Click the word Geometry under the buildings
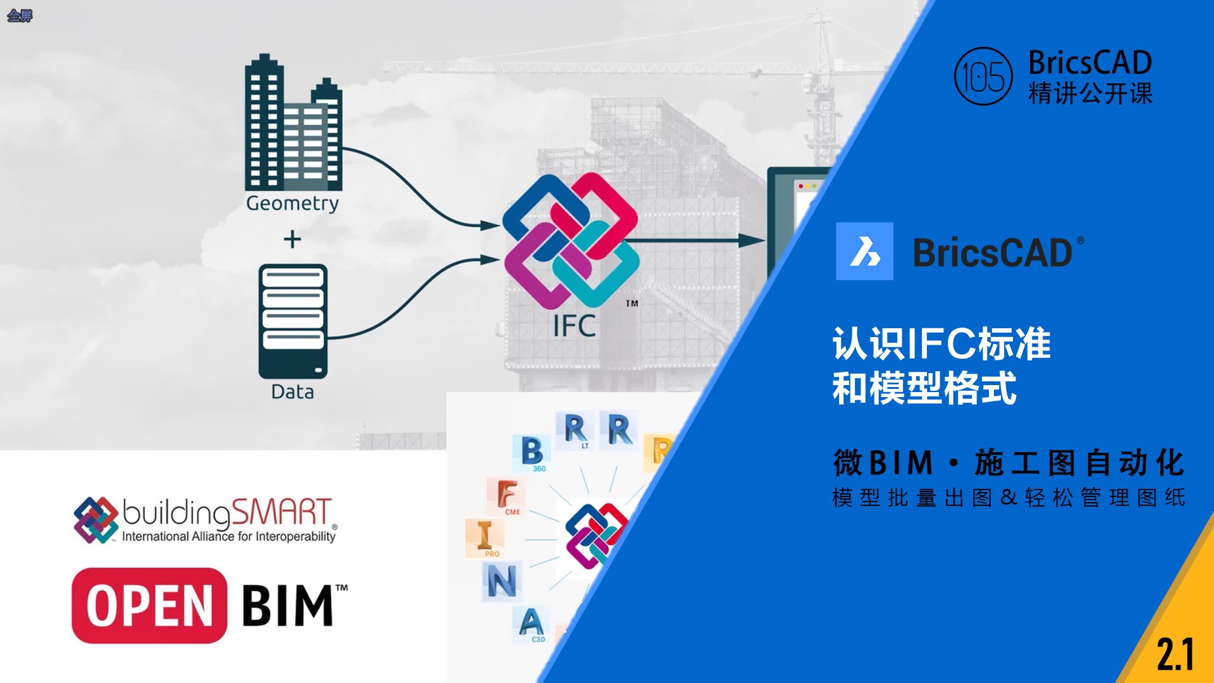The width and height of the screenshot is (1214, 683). (292, 203)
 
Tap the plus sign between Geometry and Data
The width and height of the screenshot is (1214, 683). (292, 239)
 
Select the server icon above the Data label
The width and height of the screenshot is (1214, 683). (293, 321)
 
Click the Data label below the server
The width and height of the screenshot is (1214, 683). (292, 392)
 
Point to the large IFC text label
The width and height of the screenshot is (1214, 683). (574, 326)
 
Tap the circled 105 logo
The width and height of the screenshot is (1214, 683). (983, 77)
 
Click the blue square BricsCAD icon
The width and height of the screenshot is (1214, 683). (864, 251)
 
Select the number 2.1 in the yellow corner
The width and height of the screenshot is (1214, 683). (1175, 655)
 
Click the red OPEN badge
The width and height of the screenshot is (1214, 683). (149, 605)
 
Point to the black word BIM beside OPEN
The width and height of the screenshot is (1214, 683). (288, 605)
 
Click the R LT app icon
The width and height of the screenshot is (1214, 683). (575, 431)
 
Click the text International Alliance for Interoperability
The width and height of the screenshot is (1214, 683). (229, 536)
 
